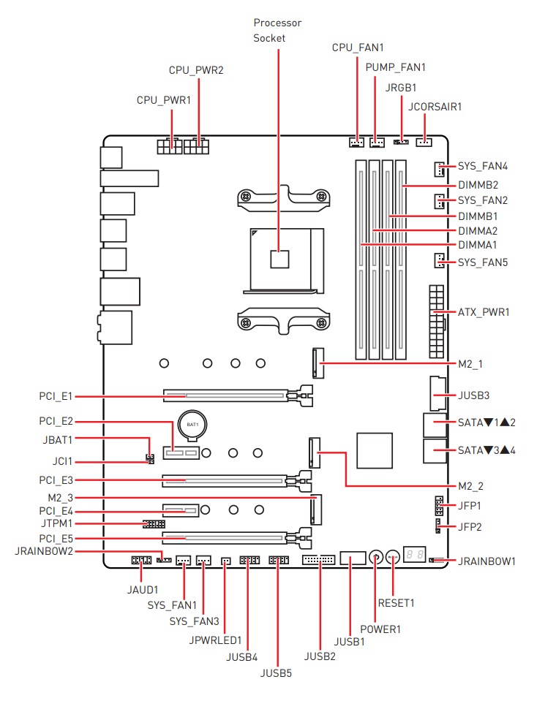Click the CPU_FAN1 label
coord(358,48)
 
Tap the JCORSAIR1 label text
coord(435,106)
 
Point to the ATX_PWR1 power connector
coord(437,312)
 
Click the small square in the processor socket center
coord(279,259)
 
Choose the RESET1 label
coord(396,603)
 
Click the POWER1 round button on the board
coord(375,558)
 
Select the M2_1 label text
coord(471,363)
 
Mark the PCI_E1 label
coord(56,396)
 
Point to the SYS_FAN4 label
coord(483,166)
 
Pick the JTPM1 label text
coord(56,524)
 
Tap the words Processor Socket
coord(277,30)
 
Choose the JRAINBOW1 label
coord(487,561)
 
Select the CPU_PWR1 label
coord(164,99)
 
